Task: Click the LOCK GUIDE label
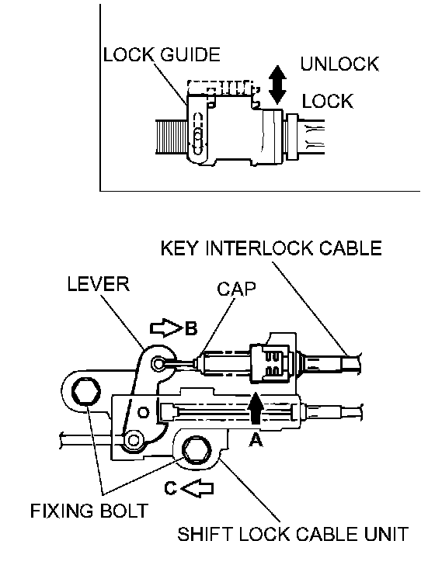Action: (162, 54)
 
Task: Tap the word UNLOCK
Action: (339, 64)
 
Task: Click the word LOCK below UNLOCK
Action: (327, 101)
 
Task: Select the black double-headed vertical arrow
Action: (277, 85)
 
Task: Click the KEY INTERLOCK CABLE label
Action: (271, 248)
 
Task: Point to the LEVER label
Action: (98, 284)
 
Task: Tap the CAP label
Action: (236, 289)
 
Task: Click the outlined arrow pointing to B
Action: (165, 328)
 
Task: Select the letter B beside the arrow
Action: (191, 328)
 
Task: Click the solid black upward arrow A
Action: (256, 408)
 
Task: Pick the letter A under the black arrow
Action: (256, 439)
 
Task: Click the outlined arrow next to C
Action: (197, 489)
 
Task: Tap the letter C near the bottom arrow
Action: (170, 488)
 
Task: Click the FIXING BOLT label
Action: (89, 511)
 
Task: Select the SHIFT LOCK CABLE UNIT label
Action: (293, 534)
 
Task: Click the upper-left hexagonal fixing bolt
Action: (86, 392)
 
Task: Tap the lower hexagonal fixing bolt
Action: (197, 451)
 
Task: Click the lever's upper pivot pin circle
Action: (158, 363)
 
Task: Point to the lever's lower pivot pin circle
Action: (134, 439)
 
